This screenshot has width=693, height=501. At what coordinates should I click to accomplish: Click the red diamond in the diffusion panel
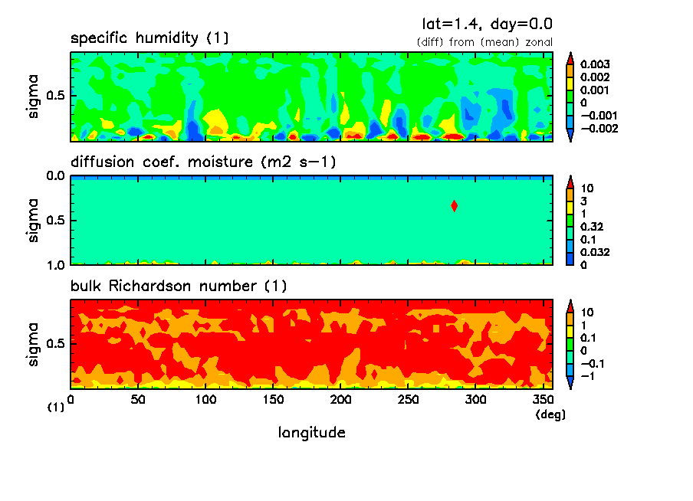455,205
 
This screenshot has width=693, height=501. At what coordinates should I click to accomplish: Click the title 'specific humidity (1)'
149,38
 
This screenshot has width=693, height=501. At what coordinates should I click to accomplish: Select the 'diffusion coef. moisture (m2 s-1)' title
203,162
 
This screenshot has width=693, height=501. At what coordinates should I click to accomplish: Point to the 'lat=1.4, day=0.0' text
487,24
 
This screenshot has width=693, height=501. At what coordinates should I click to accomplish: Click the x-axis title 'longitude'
311,433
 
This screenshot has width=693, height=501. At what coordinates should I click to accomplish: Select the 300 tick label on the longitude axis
476,400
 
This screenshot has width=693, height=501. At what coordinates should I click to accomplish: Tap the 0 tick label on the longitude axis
71,400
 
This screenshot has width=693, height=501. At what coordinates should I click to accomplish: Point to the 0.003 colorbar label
595,64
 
